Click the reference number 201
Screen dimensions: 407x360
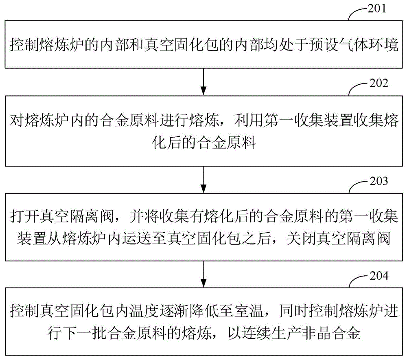click(x=377, y=9)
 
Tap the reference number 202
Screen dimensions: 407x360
click(x=379, y=83)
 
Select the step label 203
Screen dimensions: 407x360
click(x=379, y=181)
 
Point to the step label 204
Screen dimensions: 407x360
click(x=379, y=276)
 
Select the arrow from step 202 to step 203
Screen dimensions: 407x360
click(x=204, y=180)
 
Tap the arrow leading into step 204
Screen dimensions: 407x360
click(x=204, y=274)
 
